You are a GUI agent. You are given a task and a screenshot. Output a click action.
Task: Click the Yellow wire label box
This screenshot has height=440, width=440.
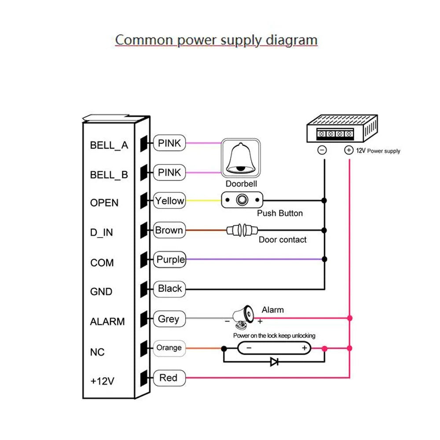point(169,201)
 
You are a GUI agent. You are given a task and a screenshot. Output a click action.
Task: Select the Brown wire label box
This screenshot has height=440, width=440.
point(169,230)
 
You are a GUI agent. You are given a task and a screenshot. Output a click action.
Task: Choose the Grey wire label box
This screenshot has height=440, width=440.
point(169,319)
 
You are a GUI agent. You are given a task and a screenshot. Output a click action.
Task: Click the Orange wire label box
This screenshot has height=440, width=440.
point(169,348)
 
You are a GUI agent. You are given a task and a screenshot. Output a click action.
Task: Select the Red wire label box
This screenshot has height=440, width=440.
point(169,378)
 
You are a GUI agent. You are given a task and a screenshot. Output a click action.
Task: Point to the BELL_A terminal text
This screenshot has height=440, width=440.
point(109,145)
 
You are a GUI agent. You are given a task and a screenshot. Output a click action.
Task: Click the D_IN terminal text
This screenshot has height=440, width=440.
point(102,232)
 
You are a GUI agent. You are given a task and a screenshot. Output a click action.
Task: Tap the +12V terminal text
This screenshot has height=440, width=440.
point(102,381)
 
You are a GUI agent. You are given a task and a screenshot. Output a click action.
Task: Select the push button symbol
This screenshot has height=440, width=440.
point(242,201)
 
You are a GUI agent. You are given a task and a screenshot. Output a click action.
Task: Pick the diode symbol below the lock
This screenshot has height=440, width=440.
point(274,362)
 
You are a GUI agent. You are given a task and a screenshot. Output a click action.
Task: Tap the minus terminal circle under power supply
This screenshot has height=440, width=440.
point(322,150)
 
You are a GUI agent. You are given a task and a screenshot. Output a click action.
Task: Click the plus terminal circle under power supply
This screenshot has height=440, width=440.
point(348,150)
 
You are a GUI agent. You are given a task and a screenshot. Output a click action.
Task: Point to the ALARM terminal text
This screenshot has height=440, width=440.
point(107,322)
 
